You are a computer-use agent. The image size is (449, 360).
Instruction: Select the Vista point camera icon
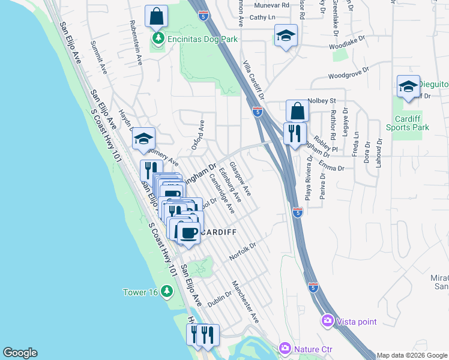(327, 322)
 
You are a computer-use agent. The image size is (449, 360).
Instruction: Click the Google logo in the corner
(20, 353)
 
